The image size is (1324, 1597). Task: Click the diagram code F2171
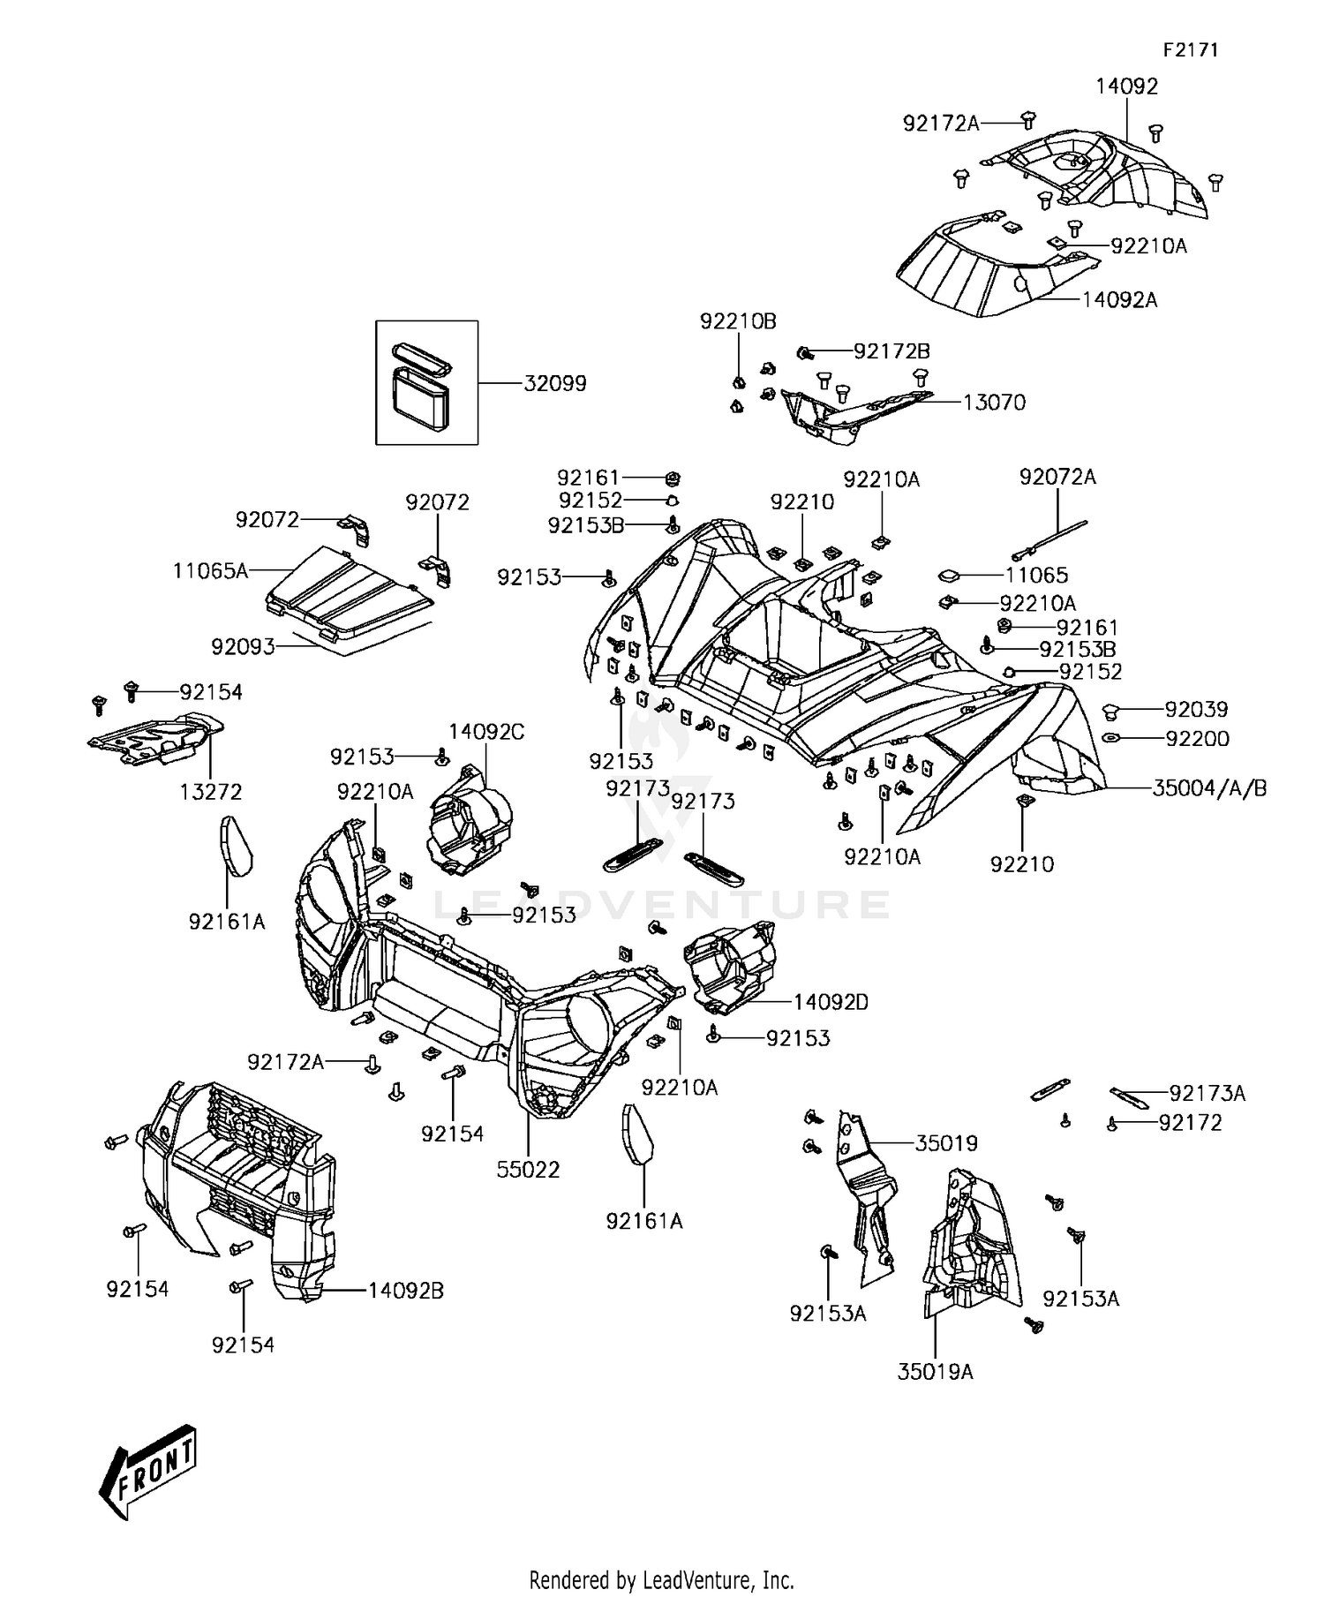[1191, 50]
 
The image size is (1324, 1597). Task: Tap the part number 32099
[555, 384]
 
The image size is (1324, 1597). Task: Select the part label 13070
[994, 403]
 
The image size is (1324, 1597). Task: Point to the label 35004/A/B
[1209, 788]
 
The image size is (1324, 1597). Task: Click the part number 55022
[528, 1170]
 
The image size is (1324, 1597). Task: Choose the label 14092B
[406, 1291]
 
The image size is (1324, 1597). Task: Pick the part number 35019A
[936, 1372]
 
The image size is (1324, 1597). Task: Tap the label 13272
[211, 792]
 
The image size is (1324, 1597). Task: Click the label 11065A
[210, 571]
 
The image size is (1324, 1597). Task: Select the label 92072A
[1057, 477]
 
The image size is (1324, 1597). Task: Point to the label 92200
[1197, 739]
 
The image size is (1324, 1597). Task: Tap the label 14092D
[831, 1002]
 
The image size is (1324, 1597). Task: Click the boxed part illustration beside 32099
[427, 382]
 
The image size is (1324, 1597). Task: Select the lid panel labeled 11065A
[350, 593]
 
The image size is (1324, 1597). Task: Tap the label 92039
[1197, 709]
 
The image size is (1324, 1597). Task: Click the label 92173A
[1207, 1094]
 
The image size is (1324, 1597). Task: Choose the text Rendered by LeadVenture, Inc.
[662, 1579]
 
